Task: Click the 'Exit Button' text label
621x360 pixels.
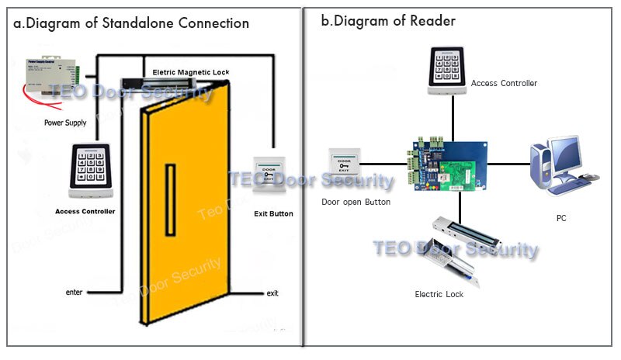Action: click(273, 213)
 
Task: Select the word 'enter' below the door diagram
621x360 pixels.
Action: click(75, 292)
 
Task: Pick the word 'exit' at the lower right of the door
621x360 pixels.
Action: click(272, 293)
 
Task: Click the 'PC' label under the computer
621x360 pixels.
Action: click(560, 218)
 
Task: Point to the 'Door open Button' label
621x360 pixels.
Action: click(356, 202)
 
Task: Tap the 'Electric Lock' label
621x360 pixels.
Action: click(439, 294)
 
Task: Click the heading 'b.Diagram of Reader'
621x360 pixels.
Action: click(388, 21)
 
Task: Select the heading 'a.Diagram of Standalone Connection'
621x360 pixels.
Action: click(131, 22)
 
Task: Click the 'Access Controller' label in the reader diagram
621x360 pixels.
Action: click(504, 83)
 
